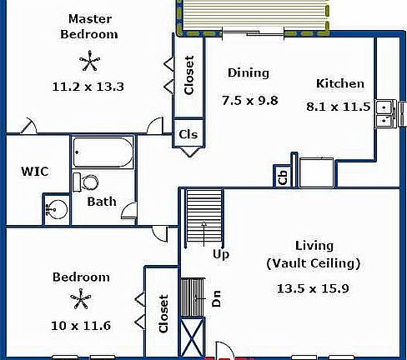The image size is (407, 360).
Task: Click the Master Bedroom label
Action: [92, 27]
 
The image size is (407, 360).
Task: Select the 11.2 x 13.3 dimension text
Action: [90, 85]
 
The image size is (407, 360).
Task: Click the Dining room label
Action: [248, 73]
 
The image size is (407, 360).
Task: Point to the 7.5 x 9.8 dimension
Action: [249, 101]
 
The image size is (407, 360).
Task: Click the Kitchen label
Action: [339, 83]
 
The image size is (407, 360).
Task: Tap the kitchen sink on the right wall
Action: [384, 113]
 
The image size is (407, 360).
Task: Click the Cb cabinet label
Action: [283, 176]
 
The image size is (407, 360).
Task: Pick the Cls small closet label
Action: [188, 134]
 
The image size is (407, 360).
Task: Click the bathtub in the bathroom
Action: [102, 152]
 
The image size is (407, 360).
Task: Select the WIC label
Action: [34, 172]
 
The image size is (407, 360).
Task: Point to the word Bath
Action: [102, 202]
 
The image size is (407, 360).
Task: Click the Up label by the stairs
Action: [221, 253]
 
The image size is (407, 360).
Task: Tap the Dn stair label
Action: [216, 298]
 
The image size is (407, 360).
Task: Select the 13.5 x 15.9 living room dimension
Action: [313, 289]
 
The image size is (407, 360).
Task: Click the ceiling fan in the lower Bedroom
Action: [80, 298]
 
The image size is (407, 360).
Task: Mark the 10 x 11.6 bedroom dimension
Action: [81, 323]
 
